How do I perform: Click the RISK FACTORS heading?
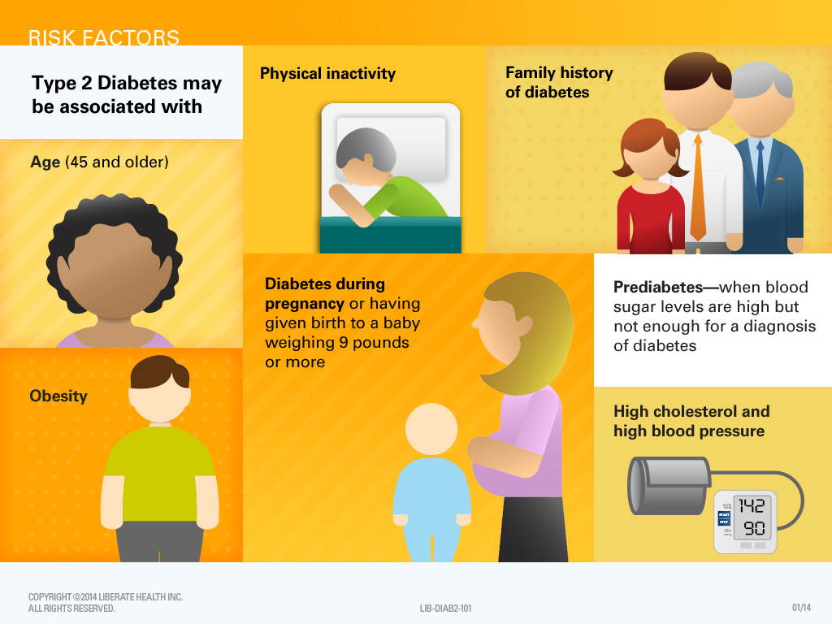point(104,37)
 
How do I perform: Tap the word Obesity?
point(58,396)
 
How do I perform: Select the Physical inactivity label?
point(327,74)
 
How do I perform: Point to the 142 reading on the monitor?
point(752,505)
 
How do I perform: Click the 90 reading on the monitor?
point(753,529)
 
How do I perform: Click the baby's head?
point(431,431)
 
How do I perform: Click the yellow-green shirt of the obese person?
point(159,475)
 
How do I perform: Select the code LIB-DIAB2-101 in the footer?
point(446,608)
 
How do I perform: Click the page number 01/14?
point(801,608)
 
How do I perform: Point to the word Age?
point(45,162)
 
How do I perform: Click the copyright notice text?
point(106,602)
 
